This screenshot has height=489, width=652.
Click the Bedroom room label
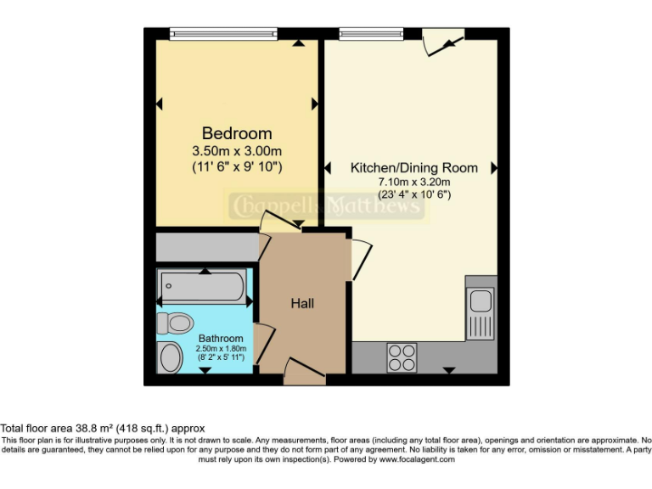click(x=237, y=133)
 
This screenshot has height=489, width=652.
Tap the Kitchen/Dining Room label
click(x=414, y=167)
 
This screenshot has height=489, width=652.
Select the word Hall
click(x=303, y=303)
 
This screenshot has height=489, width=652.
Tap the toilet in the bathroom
click(x=177, y=323)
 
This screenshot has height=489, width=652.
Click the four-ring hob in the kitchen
click(x=402, y=357)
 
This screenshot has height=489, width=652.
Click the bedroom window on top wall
click(x=223, y=34)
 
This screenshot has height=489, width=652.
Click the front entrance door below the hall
click(x=303, y=370)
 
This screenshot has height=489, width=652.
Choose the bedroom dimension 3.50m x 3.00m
click(x=237, y=151)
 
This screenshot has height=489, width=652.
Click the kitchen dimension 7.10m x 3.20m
click(x=414, y=182)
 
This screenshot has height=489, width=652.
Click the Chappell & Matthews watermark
click(x=327, y=205)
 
